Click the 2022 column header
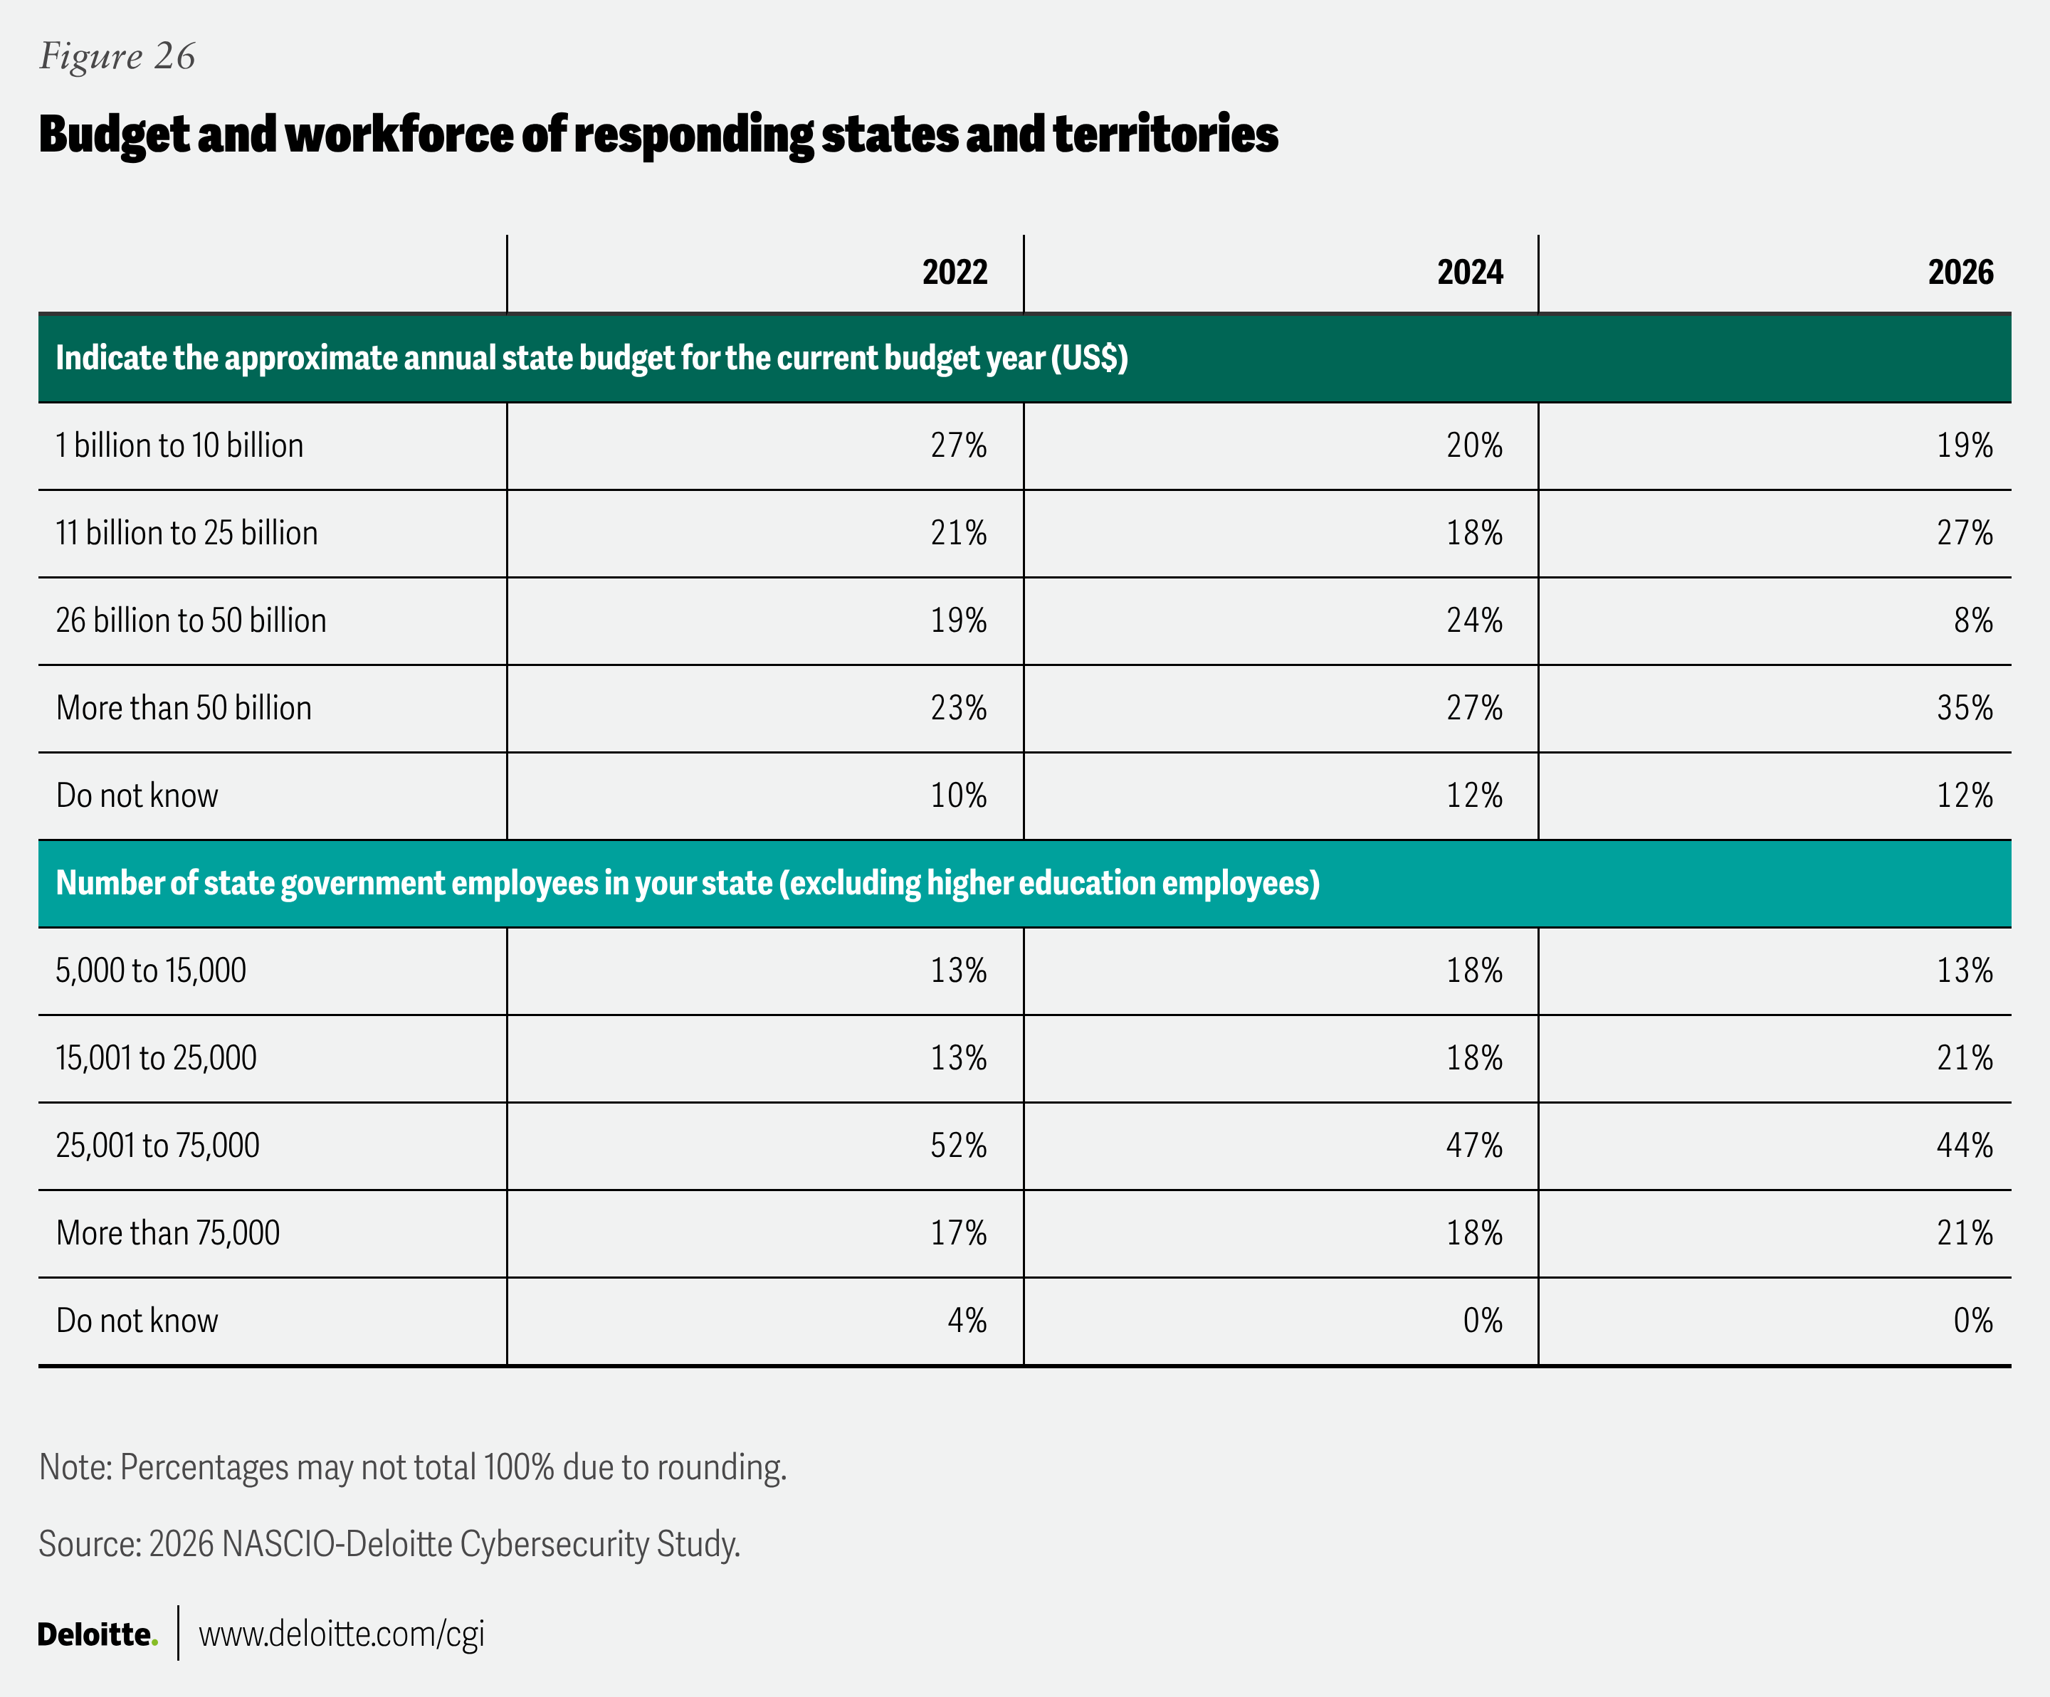pos(954,273)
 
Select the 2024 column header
pos(1469,273)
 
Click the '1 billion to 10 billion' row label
pos(179,446)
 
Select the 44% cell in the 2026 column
pos(1964,1146)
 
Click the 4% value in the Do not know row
pos(967,1321)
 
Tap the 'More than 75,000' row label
pos(168,1234)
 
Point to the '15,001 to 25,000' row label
pos(156,1059)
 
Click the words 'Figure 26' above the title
pos(117,57)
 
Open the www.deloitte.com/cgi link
pos(341,1634)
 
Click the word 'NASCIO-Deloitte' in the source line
pos(337,1545)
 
